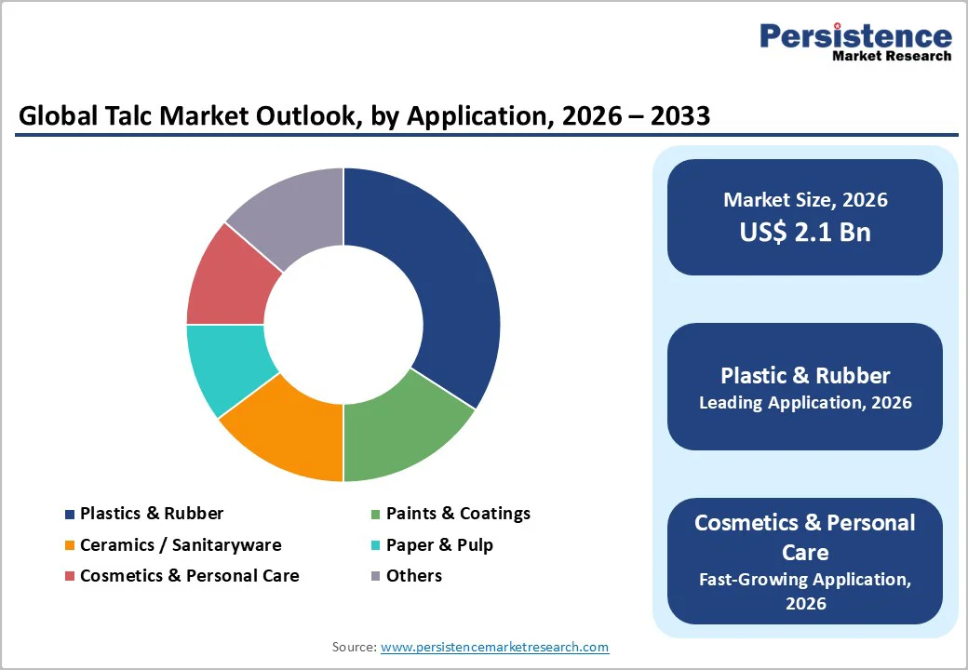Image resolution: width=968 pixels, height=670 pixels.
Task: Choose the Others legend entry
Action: pyautogui.click(x=413, y=575)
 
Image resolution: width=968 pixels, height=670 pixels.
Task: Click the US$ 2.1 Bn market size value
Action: pyautogui.click(x=805, y=232)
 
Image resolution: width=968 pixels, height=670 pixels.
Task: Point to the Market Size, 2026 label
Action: pyautogui.click(x=805, y=199)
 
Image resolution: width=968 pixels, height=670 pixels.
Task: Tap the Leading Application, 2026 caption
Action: pyautogui.click(x=805, y=403)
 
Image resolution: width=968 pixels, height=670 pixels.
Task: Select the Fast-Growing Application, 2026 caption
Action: pyautogui.click(x=805, y=591)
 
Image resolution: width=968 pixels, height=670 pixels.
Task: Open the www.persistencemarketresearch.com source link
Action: pyautogui.click(x=494, y=647)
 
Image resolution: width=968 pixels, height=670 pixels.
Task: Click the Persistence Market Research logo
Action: pyautogui.click(x=855, y=42)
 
